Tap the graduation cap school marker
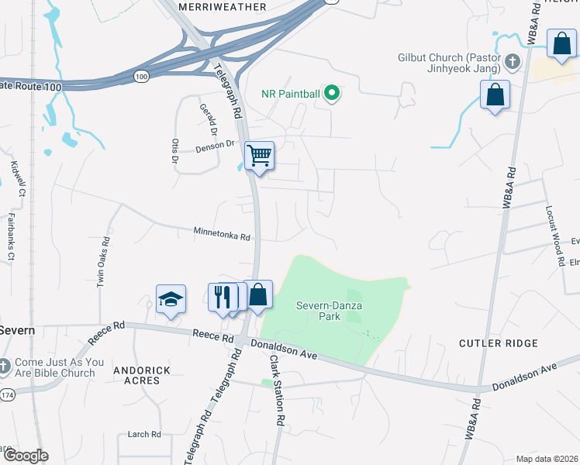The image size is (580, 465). pos(171,298)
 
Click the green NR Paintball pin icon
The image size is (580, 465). pos(332,94)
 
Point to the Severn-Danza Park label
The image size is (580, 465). pos(330,311)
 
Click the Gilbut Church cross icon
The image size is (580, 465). pos(512,60)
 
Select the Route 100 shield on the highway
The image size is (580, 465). pos(140,76)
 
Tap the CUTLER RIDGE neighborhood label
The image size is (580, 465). pos(498,343)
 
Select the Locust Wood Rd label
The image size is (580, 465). pos(555,236)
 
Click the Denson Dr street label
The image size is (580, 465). pos(215,145)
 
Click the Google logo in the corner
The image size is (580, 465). pos(25,456)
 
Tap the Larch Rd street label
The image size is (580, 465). pos(144,435)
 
